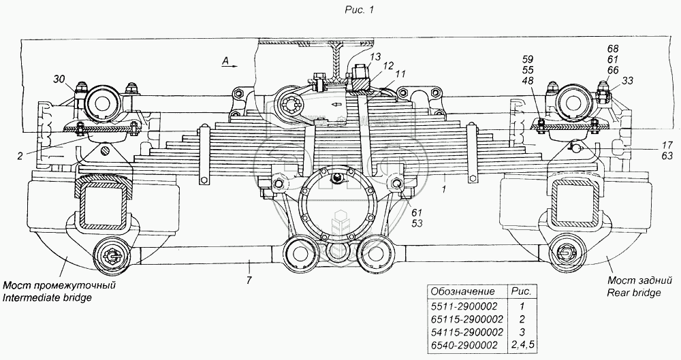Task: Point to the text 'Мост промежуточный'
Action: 59,285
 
